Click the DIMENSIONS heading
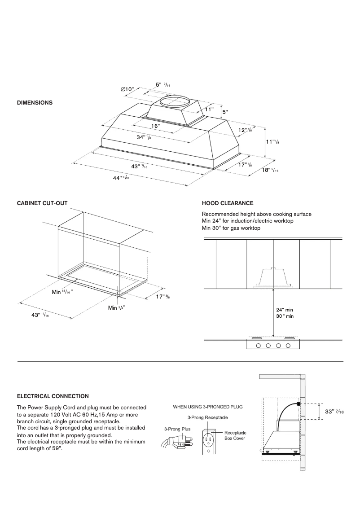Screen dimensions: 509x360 coord(35,103)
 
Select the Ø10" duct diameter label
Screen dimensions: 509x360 coord(127,89)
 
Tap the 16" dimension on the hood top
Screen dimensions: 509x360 coord(155,126)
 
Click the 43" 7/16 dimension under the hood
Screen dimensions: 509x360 coord(140,166)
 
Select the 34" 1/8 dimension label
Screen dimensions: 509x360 coord(144,137)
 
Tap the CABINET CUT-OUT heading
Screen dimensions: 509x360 coord(42,203)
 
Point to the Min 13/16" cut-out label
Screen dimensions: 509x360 coord(62,292)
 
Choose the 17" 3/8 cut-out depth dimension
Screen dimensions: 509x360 coord(163,297)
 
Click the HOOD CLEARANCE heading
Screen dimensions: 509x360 coord(228,203)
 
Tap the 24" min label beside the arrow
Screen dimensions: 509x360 coord(285,310)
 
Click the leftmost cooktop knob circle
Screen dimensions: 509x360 coord(259,346)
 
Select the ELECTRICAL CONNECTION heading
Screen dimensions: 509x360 coord(53,396)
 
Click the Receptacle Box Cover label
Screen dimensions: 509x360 coord(235,435)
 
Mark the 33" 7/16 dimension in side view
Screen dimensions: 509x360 coord(335,412)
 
